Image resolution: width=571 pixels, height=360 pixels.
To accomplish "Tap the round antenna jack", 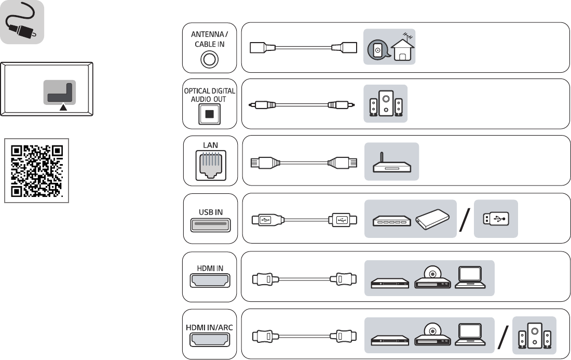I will point(209,60).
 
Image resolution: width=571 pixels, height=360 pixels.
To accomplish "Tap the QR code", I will point(37,170).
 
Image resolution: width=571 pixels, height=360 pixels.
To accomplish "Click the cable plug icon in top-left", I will point(22,23).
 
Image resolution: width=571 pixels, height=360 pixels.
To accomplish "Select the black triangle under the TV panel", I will point(63,108).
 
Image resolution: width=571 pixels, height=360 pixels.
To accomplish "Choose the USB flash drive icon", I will point(496,219).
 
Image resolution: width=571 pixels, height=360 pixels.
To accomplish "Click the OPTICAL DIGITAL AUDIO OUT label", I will point(209,95).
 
